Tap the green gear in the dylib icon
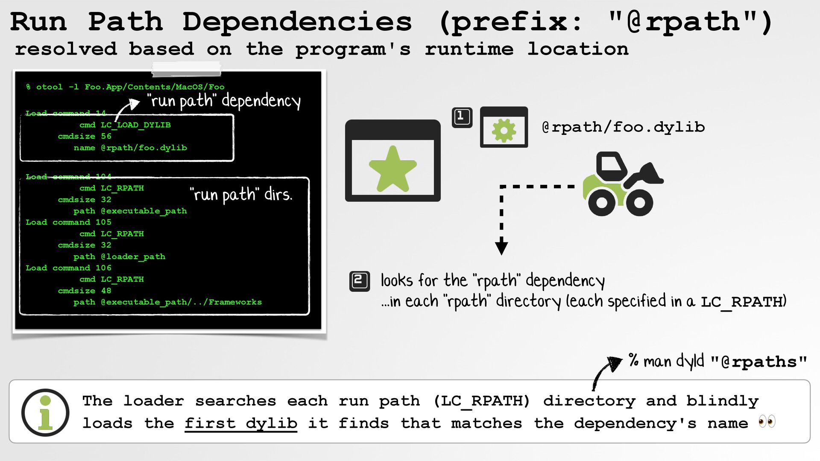(x=504, y=130)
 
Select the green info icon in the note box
(x=45, y=412)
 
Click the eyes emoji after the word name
(x=767, y=422)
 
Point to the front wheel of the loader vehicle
(x=639, y=202)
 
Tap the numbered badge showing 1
(x=462, y=117)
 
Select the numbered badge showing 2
(x=359, y=281)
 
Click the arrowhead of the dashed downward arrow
(x=501, y=248)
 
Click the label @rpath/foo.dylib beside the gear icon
(x=623, y=127)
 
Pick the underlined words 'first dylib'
(x=240, y=423)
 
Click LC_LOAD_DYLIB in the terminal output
(x=135, y=125)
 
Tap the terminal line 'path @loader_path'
(x=119, y=257)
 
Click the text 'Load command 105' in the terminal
(x=68, y=222)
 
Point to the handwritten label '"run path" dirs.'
(x=241, y=195)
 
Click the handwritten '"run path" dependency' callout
(x=224, y=101)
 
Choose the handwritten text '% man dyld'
(x=666, y=361)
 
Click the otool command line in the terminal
(x=125, y=87)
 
